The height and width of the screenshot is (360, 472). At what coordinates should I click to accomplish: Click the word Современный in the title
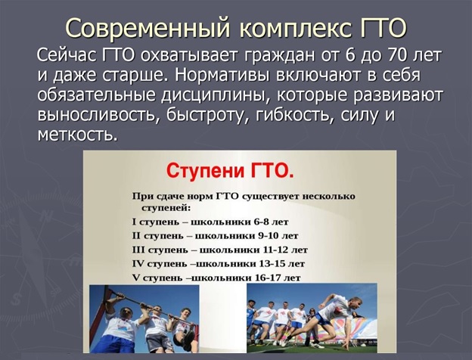148,28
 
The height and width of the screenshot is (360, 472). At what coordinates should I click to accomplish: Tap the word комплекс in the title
297,29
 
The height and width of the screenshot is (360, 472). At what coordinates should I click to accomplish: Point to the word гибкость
292,115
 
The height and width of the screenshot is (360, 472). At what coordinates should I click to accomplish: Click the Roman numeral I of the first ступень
134,222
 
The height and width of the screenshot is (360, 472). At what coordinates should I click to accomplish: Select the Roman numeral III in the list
138,250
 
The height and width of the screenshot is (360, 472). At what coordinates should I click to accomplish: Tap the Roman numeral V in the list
135,278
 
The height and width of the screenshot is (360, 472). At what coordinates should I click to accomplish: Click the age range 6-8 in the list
261,222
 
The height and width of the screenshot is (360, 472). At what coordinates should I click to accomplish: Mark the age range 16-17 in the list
270,278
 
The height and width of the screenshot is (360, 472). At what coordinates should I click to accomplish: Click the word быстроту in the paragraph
208,115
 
